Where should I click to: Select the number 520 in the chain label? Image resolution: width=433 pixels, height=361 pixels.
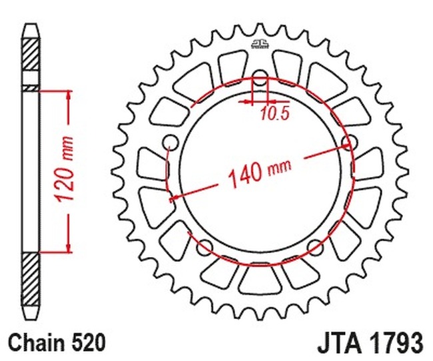pos(89,343)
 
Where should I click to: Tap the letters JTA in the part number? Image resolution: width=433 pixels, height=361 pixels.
pos(339,343)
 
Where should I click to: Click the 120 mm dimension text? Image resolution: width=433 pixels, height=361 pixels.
pos(65,169)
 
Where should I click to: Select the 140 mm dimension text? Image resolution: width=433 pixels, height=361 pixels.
pos(259,173)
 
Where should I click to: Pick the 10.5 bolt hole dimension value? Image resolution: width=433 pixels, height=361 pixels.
pos(275,113)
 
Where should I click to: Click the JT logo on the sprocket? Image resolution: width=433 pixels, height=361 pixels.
pos(260,44)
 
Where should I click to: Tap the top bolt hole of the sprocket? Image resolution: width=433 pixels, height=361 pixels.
pos(260,78)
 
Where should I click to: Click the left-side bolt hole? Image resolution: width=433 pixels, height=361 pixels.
pos(171,143)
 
